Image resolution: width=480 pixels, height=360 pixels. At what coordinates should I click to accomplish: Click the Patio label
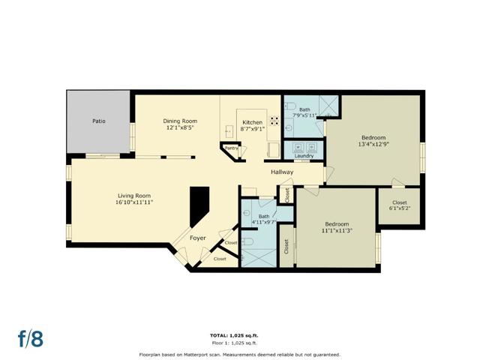pyautogui.click(x=99, y=121)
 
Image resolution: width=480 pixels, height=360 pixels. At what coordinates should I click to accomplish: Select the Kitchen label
pyautogui.click(x=253, y=122)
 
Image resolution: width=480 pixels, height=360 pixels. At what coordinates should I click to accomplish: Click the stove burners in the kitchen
pyautogui.click(x=274, y=121)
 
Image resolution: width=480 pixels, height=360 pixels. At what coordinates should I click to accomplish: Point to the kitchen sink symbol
pyautogui.click(x=228, y=132)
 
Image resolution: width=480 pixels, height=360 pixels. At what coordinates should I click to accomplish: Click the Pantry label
pyautogui.click(x=232, y=148)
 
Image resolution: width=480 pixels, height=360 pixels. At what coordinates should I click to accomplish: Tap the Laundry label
pyautogui.click(x=304, y=156)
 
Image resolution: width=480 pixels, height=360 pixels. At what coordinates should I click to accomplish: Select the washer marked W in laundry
pyautogui.click(x=298, y=148)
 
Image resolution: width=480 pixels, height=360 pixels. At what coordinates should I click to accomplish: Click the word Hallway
pyautogui.click(x=282, y=172)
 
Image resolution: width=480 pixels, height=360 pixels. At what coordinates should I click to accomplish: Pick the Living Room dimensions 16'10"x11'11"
pyautogui.click(x=134, y=202)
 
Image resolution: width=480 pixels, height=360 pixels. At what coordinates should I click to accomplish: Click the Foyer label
pyautogui.click(x=198, y=238)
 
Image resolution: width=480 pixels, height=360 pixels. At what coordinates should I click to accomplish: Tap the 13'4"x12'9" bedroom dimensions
pyautogui.click(x=373, y=145)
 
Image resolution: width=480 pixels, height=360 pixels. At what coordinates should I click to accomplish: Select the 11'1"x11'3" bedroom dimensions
pyautogui.click(x=337, y=230)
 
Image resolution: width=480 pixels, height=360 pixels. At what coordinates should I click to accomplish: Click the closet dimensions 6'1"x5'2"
pyautogui.click(x=400, y=208)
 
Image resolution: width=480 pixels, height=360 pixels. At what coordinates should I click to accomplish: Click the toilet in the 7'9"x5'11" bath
pyautogui.click(x=290, y=106)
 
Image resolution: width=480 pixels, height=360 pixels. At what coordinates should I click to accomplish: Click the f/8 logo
pyautogui.click(x=31, y=338)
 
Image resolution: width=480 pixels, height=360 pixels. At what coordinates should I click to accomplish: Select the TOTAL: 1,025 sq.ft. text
pyautogui.click(x=236, y=336)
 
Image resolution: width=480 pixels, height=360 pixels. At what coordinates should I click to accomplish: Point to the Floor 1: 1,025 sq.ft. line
pyautogui.click(x=235, y=343)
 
